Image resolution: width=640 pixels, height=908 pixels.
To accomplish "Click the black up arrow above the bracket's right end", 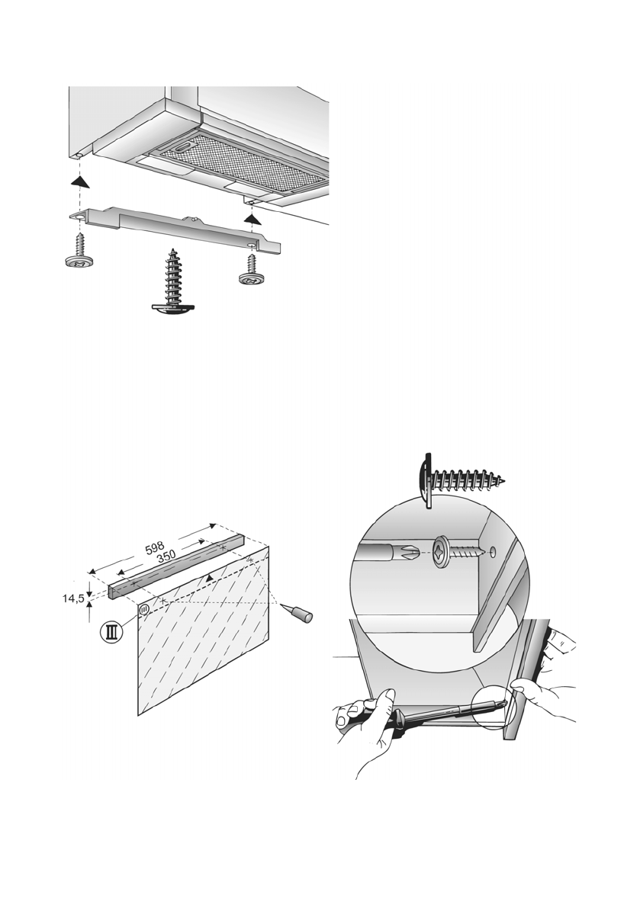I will pos(249,218).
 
